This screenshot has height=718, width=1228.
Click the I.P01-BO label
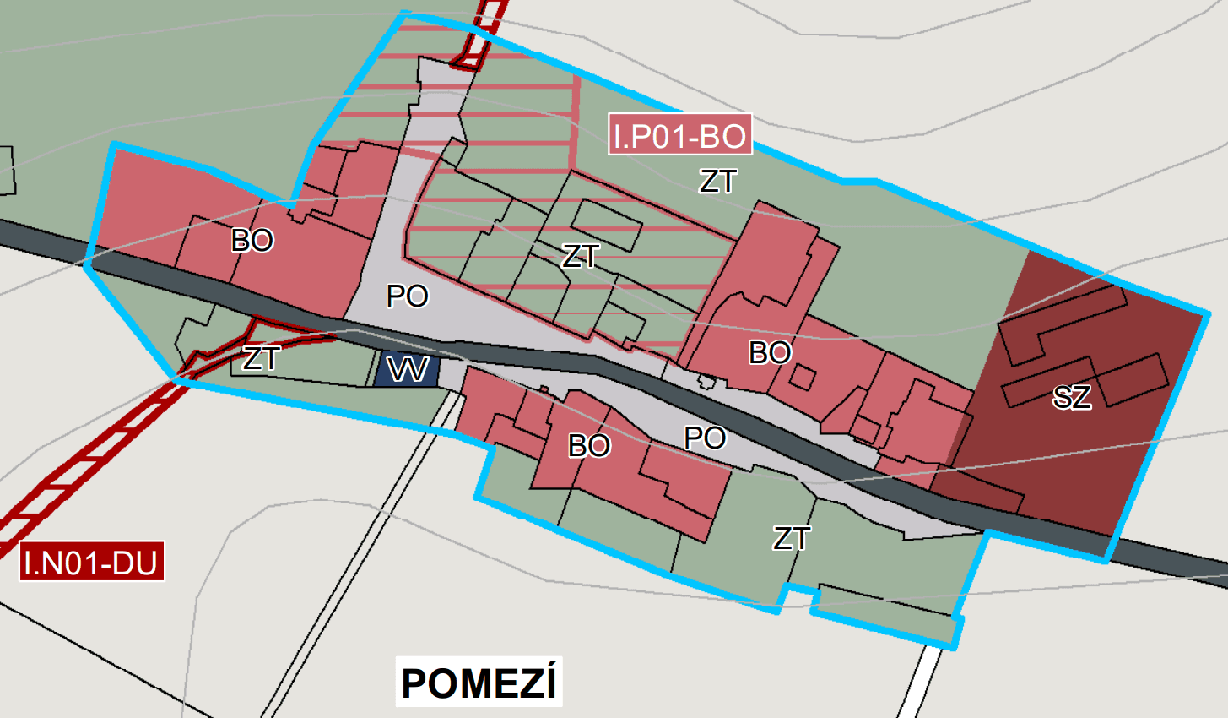679,135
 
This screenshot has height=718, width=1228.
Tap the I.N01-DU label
91,563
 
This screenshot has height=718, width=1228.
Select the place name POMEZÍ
479,683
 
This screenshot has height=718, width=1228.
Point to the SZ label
1072,396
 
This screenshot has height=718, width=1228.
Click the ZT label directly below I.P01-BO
718,181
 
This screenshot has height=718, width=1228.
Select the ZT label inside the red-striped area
581,256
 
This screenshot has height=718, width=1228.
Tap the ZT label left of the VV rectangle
261,359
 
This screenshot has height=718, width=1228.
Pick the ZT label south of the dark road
792,538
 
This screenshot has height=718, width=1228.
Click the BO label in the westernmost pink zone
252,241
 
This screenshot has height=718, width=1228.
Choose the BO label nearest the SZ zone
770,352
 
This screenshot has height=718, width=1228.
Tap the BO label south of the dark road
589,445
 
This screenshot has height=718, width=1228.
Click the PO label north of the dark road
408,296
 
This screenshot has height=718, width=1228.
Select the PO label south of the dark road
705,438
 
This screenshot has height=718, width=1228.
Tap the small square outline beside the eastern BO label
802,378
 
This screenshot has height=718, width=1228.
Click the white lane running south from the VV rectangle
397,507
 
